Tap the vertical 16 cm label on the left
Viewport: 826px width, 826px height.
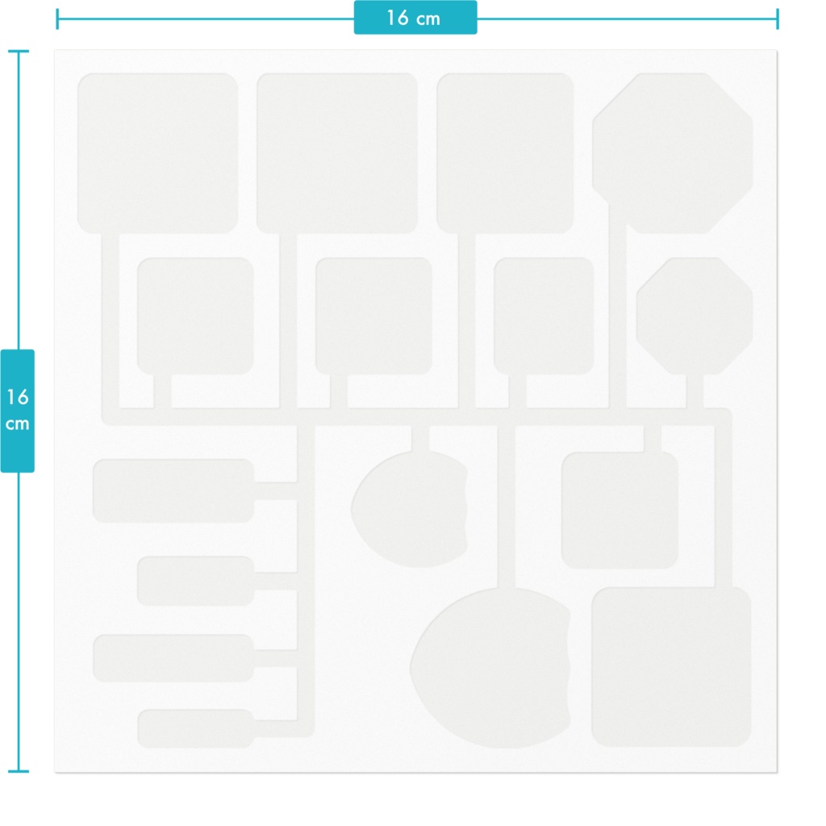point(18,410)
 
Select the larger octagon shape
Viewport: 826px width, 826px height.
point(673,153)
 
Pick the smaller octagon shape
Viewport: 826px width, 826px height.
point(695,316)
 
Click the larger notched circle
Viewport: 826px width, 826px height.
point(490,668)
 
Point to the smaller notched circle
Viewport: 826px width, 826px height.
point(409,510)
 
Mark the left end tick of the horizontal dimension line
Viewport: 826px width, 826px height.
point(57,19)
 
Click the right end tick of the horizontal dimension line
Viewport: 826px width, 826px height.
point(777,19)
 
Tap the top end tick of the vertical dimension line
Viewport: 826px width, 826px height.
point(19,51)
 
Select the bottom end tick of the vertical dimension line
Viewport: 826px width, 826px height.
point(19,771)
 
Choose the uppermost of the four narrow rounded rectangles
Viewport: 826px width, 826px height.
point(173,491)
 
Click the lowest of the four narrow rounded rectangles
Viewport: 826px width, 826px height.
point(195,728)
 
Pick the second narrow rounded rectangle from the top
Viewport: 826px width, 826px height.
point(195,581)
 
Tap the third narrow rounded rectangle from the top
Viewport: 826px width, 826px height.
point(173,658)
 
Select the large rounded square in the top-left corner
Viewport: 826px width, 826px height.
point(157,153)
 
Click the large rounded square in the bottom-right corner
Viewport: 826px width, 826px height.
point(672,667)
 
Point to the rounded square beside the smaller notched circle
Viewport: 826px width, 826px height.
point(620,510)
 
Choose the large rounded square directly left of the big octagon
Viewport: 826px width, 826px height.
point(505,153)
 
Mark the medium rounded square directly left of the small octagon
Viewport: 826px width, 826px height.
point(544,316)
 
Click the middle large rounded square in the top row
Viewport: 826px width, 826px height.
point(337,153)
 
